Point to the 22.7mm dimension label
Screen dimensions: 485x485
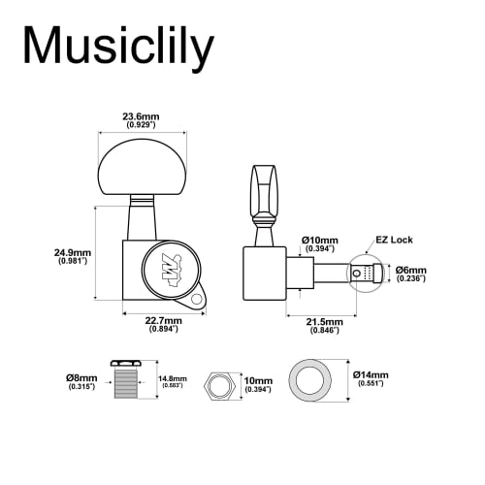tap(162, 324)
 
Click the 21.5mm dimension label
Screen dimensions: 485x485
tap(326, 324)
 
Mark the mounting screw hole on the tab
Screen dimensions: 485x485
tap(197, 300)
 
